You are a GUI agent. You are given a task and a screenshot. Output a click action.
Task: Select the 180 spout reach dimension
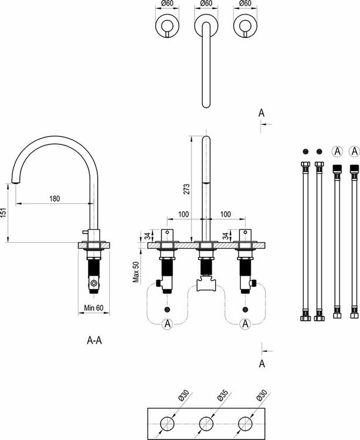coord(55,198)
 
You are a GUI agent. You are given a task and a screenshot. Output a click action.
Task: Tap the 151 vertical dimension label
coord(4,212)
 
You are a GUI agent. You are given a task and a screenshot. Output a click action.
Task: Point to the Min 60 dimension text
coord(93,307)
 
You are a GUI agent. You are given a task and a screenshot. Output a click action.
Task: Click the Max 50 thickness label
coord(137,271)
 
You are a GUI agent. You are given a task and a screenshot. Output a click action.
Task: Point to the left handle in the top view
coord(168,26)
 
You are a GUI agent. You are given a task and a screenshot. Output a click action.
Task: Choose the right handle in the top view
coord(244,26)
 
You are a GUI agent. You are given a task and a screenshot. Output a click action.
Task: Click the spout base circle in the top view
coord(206,26)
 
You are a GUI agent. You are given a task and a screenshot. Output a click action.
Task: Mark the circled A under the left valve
coord(167,323)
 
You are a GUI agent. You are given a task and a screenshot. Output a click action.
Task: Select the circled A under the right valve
coord(245,323)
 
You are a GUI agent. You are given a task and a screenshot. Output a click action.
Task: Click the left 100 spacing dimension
coord(183,215)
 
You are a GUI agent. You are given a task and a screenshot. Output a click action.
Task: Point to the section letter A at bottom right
coord(261,364)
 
